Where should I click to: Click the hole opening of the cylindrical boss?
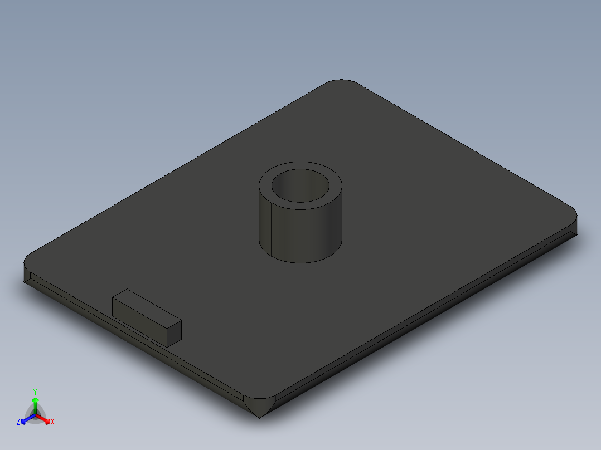(301, 186)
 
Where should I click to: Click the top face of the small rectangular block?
(146, 306)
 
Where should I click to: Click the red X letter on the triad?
(52, 422)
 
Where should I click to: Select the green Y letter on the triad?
(35, 392)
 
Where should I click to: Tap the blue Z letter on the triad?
(18, 422)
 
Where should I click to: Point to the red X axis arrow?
(46, 419)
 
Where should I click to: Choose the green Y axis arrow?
(35, 403)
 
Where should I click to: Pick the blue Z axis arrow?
(26, 419)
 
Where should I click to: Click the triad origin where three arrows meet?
(35, 414)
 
